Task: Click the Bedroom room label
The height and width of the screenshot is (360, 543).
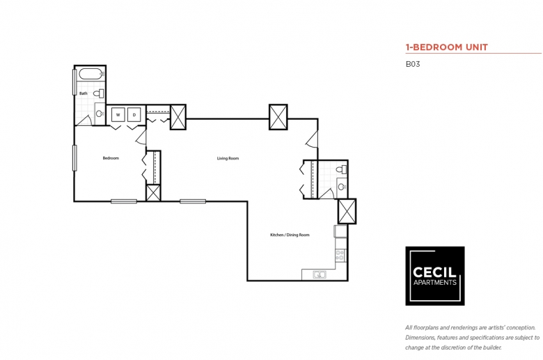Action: point(111,158)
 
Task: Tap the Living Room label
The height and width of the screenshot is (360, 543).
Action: point(228,158)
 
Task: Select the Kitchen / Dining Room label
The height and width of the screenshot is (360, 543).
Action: point(290,235)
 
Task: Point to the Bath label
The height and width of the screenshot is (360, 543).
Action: point(84,93)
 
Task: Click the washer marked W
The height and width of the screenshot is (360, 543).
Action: point(118,115)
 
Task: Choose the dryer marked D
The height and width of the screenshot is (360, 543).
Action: point(134,115)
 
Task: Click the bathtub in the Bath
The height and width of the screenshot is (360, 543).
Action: point(91,74)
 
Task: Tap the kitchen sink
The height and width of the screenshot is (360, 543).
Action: point(320,275)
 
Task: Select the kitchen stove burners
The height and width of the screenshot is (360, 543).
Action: point(340,256)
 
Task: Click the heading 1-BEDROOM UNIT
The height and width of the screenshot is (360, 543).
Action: point(447,47)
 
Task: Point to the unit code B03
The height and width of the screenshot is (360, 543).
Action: point(413,64)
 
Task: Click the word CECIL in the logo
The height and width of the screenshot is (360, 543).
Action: point(434,272)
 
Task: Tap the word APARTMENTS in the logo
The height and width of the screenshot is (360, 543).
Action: point(435,283)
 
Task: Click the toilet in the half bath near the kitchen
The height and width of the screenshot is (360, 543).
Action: point(342,169)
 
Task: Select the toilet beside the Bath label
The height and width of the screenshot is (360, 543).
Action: point(99,93)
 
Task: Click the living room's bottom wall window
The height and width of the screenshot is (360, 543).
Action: point(193,201)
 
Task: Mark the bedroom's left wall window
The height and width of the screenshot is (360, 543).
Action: point(74,158)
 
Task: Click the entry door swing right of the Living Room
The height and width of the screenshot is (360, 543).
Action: point(312,139)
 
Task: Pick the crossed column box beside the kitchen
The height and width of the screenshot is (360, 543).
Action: point(347,212)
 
